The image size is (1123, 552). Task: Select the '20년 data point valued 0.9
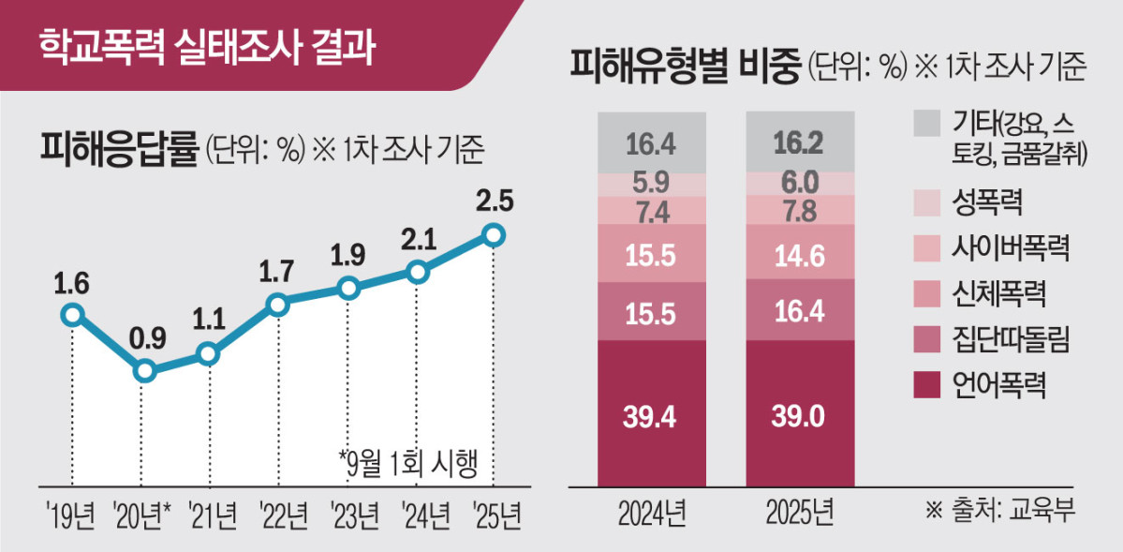click(x=143, y=371)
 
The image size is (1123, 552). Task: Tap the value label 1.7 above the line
click(x=276, y=271)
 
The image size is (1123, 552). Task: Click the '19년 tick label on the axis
click(x=71, y=514)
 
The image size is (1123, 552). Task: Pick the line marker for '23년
click(x=348, y=289)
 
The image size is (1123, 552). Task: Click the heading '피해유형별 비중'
click(x=685, y=66)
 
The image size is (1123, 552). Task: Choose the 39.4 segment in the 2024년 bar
click(x=652, y=415)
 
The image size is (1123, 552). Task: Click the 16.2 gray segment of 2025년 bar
click(x=800, y=142)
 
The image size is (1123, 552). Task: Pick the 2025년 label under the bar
click(x=799, y=514)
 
